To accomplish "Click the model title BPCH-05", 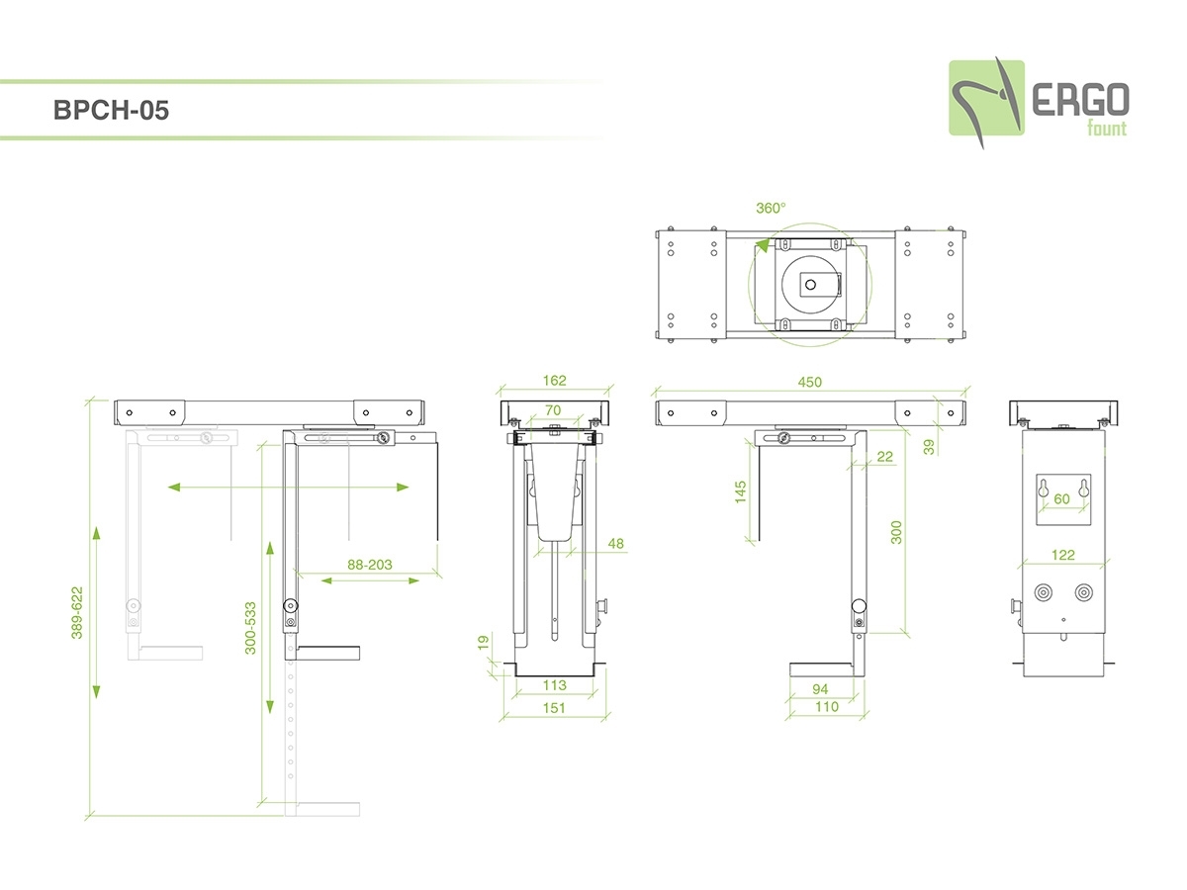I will [x=111, y=111].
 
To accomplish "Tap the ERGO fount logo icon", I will [x=985, y=99].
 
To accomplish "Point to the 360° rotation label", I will [x=771, y=208].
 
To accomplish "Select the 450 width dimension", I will [x=810, y=382].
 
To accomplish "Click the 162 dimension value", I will [x=554, y=381].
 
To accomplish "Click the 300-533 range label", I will [x=250, y=627].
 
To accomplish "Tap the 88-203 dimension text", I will [x=370, y=565].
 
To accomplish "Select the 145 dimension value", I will [x=740, y=491].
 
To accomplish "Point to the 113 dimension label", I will [x=554, y=684].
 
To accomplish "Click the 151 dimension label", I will [x=554, y=708].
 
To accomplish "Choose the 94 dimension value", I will [x=819, y=688].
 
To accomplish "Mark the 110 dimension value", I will [x=826, y=707].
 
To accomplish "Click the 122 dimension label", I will [x=1062, y=555].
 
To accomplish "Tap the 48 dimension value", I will [x=615, y=543].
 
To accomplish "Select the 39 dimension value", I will [x=928, y=446].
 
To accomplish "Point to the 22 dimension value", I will [x=884, y=456].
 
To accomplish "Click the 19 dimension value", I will [x=484, y=642].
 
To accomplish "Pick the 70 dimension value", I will [x=553, y=409].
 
